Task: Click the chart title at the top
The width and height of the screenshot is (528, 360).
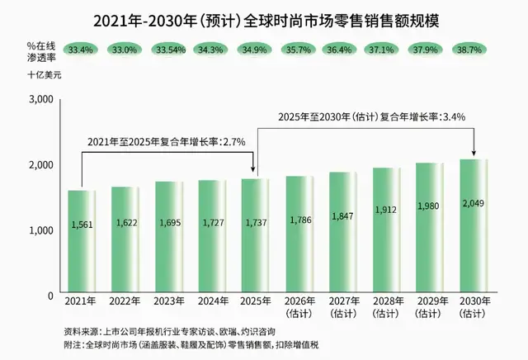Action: [x=266, y=21]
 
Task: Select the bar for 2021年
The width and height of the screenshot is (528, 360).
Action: [x=82, y=241]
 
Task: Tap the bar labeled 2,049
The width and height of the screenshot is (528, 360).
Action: [x=474, y=225]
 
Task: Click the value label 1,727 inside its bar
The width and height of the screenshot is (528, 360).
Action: [x=213, y=222]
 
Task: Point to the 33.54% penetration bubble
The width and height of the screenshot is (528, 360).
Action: [x=171, y=50]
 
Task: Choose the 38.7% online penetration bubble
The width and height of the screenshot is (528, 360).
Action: [x=469, y=50]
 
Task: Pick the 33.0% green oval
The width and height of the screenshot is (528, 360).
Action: [x=125, y=50]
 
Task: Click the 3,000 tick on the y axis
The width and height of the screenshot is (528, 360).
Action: [x=41, y=99]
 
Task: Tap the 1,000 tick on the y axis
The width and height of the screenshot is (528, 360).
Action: [x=41, y=230]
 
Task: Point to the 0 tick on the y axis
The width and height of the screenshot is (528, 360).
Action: [x=50, y=296]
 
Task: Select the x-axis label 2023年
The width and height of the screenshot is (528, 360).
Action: [x=169, y=301]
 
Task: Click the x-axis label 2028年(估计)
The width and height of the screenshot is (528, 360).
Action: [x=387, y=307]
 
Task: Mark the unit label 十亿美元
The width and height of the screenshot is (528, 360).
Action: [x=45, y=74]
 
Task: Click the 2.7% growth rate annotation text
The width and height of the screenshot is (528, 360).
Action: [x=167, y=142]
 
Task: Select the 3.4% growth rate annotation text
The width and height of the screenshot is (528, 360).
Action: [x=372, y=117]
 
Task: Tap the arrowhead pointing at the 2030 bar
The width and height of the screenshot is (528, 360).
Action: [x=474, y=153]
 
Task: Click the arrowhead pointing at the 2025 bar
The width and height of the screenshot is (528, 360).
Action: [x=253, y=170]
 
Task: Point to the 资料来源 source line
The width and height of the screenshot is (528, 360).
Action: [x=170, y=332]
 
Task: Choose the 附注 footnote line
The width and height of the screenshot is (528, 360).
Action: [x=191, y=345]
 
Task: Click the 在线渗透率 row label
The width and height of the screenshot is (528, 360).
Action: [x=41, y=52]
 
